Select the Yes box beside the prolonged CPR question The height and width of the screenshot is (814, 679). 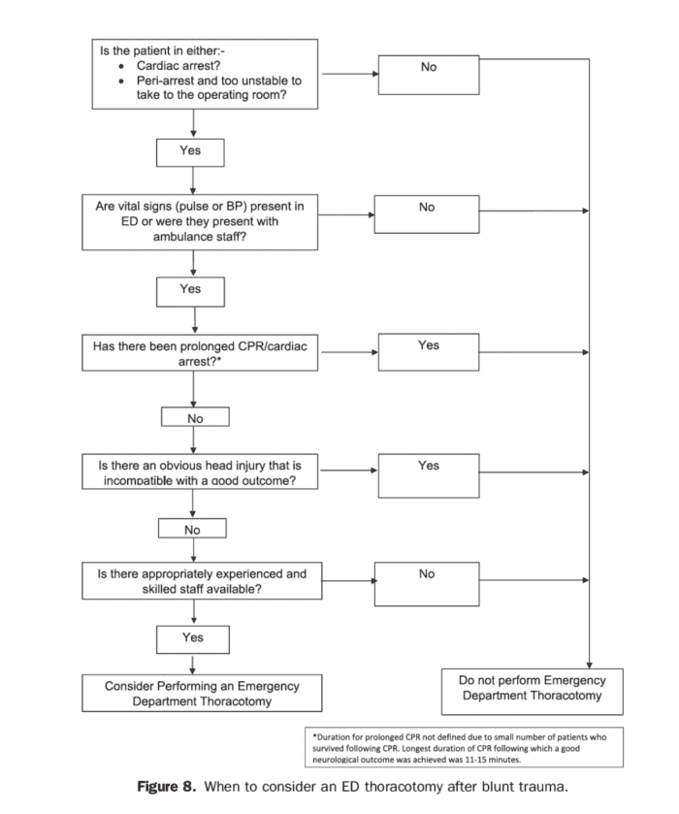(x=428, y=352)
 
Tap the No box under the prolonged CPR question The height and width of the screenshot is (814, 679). (x=194, y=417)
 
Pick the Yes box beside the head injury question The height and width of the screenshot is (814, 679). (x=428, y=472)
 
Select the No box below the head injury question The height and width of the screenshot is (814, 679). (x=193, y=530)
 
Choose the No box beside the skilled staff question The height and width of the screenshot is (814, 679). (x=427, y=581)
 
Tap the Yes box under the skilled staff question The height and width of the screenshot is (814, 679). (x=193, y=637)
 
